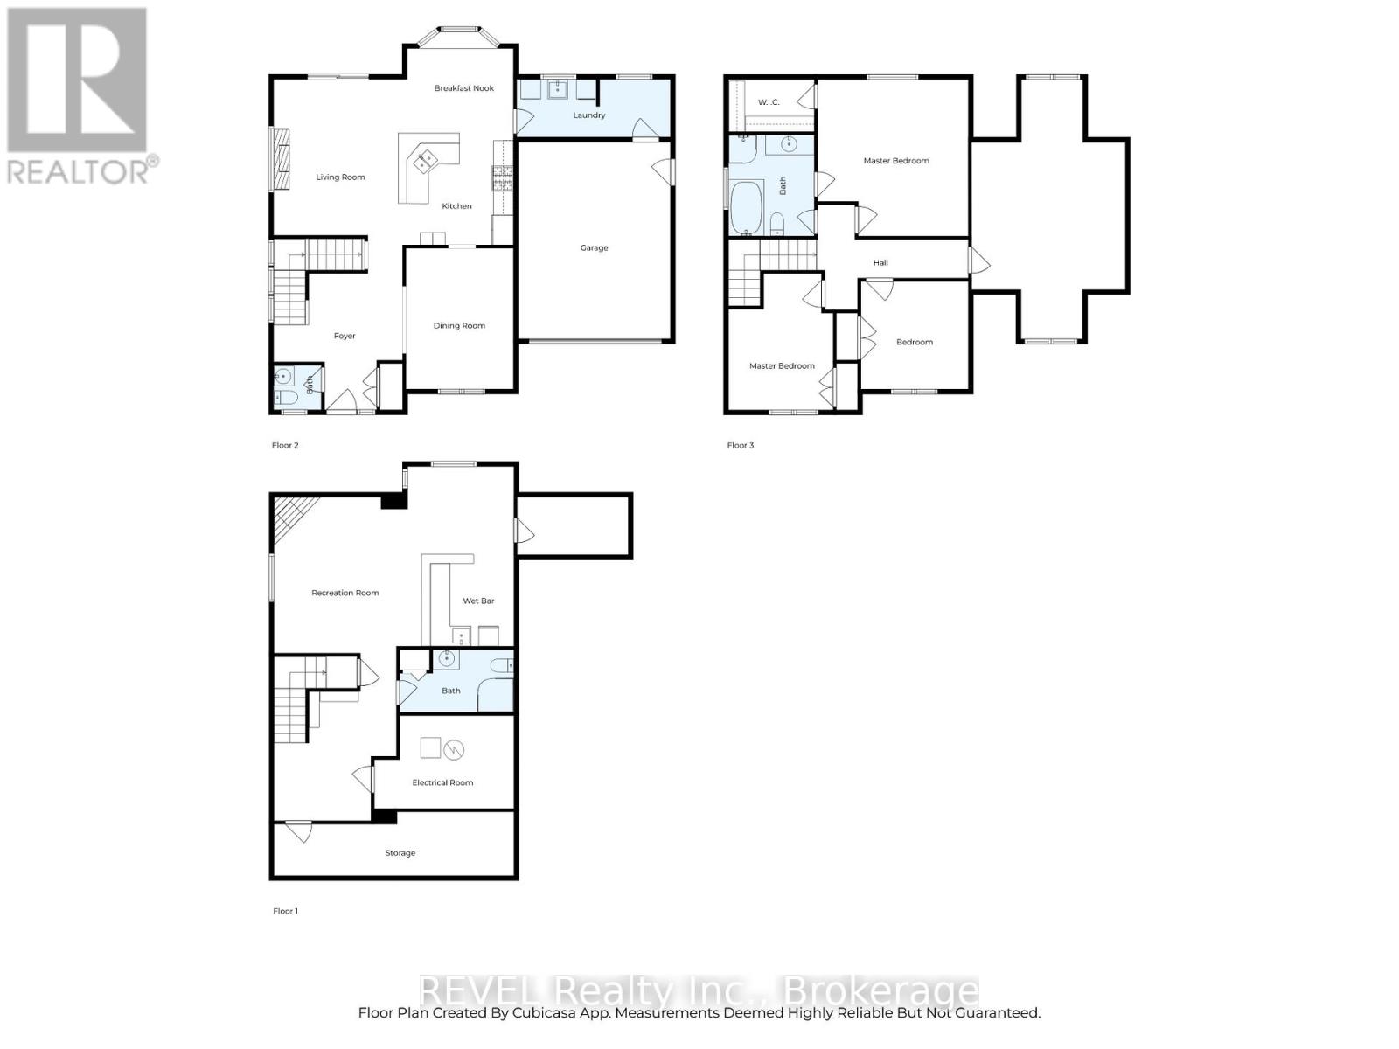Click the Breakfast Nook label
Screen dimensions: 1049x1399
pos(464,88)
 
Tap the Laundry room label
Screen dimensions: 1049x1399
pos(588,115)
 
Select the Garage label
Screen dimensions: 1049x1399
pos(594,248)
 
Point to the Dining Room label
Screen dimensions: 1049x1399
pos(459,326)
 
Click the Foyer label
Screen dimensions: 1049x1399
pos(345,337)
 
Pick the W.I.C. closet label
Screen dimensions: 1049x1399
pos(769,103)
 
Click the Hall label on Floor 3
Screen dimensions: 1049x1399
pos(880,263)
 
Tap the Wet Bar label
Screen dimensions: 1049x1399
pos(478,601)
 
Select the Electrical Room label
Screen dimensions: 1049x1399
pos(442,783)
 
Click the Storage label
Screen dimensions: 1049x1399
pos(400,853)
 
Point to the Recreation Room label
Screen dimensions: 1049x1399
pos(345,594)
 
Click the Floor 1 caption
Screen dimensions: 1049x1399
pos(285,911)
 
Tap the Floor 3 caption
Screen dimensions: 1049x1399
pos(740,446)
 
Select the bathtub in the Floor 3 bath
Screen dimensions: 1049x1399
pos(747,208)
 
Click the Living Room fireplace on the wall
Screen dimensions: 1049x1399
pos(280,158)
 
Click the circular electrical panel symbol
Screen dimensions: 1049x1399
pos(454,749)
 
